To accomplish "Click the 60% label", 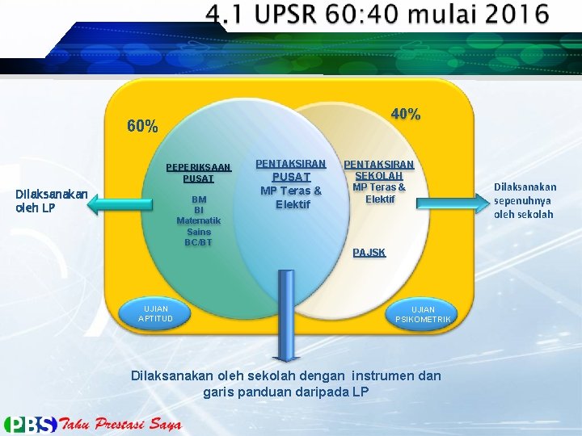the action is pyautogui.click(x=143, y=127).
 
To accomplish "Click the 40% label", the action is pyautogui.click(x=405, y=115).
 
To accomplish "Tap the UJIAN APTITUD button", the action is pyautogui.click(x=155, y=313).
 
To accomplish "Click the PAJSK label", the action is pyautogui.click(x=369, y=253).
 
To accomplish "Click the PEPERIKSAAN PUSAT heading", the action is pyautogui.click(x=198, y=173).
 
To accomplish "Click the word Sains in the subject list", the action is pyautogui.click(x=198, y=232).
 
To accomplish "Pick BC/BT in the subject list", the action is pyautogui.click(x=198, y=242).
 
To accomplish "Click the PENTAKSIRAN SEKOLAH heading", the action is pyautogui.click(x=379, y=170).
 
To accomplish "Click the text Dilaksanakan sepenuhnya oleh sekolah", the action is pyautogui.click(x=525, y=200).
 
